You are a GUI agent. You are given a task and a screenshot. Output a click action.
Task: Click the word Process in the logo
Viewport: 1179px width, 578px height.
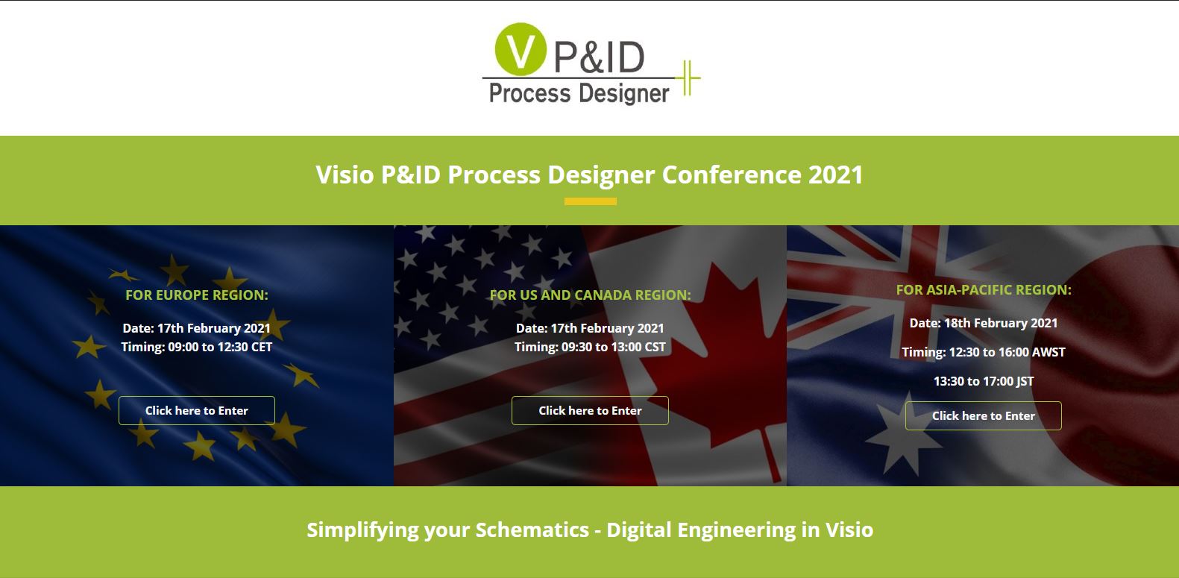(529, 94)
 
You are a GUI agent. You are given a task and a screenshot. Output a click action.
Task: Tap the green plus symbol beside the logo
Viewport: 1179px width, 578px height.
(688, 77)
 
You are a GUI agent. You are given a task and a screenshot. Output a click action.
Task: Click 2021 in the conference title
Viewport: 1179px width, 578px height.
(835, 175)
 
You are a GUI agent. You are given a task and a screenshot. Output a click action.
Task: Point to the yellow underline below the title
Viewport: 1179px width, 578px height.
(590, 201)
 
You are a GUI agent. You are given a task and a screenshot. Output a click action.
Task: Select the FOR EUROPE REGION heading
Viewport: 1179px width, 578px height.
(197, 295)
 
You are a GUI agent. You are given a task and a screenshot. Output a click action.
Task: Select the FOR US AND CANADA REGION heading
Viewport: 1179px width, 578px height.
(590, 295)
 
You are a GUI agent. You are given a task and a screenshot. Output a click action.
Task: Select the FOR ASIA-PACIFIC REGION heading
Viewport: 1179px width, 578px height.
(983, 289)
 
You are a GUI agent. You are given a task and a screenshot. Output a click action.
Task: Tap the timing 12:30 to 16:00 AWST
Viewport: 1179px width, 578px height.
(1007, 352)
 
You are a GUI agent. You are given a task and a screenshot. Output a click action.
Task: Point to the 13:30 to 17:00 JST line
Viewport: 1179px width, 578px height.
(983, 381)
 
